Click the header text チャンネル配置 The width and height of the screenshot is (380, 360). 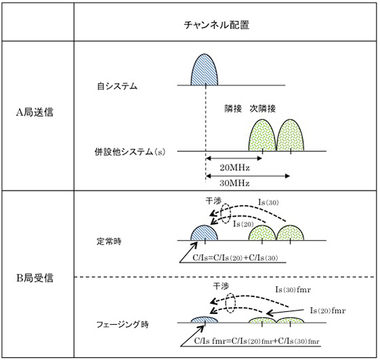coord(216,24)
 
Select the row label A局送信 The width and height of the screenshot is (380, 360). coord(35,112)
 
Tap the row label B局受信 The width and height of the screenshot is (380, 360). coord(35,278)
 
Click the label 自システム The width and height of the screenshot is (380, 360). coord(117,86)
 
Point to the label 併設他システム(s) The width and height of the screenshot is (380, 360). coord(130,152)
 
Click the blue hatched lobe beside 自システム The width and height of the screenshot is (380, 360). coord(204,71)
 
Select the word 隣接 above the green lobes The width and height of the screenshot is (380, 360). coord(233,108)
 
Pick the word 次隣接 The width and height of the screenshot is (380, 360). coord(263,108)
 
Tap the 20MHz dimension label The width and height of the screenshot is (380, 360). coord(235,167)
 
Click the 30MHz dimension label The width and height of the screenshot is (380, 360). coord(235,183)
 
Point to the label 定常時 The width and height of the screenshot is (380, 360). coord(109,241)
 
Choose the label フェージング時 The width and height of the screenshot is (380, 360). coord(123,324)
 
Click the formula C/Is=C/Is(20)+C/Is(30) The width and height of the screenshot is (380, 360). coord(235,258)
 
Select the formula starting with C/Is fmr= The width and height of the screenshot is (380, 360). coord(256,341)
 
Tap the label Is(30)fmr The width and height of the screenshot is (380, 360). coord(292,289)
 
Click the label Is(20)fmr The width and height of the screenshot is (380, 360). coord(328,311)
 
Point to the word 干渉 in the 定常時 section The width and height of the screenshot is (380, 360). coord(214,201)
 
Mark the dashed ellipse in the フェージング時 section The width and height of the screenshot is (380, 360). coord(230,303)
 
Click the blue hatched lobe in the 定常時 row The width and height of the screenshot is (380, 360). coord(204,233)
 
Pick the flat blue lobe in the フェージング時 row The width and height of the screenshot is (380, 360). coord(204,320)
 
